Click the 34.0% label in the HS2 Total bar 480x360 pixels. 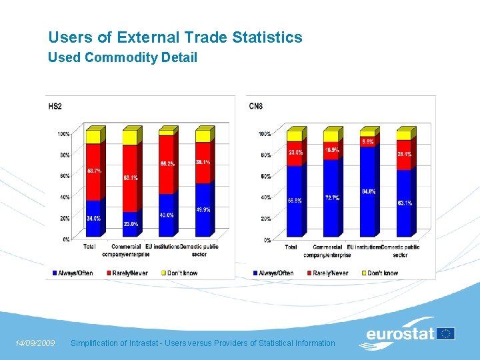93,217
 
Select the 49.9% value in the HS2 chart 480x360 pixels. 203,210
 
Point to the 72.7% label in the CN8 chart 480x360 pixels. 331,198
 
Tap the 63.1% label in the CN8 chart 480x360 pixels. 404,203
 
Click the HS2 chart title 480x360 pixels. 55,107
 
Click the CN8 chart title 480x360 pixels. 256,106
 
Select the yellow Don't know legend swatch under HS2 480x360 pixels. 165,273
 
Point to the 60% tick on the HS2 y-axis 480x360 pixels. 64,176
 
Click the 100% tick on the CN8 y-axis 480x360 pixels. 264,134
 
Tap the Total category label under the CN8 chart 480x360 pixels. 291,247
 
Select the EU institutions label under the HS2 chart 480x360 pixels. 162,247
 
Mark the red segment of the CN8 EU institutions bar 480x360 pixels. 367,142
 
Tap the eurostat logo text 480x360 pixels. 400,334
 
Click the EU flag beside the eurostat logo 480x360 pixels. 446,333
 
